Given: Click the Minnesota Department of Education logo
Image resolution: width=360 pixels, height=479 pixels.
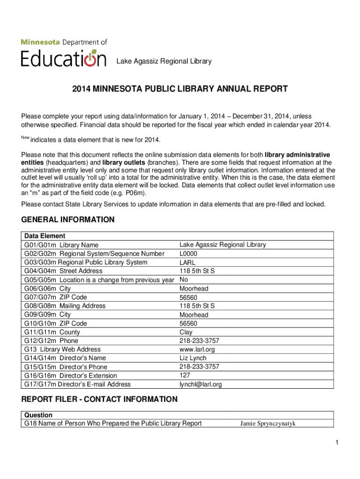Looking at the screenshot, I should [64, 53].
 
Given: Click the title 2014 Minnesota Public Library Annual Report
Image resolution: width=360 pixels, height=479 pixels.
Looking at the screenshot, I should [180, 89].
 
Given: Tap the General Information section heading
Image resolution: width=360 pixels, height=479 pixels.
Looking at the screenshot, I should [68, 219].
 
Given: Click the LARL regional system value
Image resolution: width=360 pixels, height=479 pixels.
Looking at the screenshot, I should [187, 262].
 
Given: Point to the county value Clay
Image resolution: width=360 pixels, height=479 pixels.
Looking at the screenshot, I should [186, 332].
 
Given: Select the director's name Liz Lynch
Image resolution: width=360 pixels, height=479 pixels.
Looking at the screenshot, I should [193, 358].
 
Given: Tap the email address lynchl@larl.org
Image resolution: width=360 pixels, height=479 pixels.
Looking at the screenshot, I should [201, 385].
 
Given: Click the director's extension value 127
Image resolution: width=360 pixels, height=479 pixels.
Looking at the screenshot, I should [185, 375].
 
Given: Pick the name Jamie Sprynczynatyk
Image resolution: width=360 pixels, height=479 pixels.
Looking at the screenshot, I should [267, 424].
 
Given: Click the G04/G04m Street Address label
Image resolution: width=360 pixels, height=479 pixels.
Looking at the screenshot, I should [63, 271].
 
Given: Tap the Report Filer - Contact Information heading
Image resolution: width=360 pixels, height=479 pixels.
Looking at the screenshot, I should [100, 399].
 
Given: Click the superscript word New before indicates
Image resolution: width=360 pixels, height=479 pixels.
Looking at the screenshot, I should [25, 137].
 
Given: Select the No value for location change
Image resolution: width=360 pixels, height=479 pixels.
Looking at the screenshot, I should [184, 280].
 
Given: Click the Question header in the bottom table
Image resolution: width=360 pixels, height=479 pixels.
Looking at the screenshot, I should [38, 415].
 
